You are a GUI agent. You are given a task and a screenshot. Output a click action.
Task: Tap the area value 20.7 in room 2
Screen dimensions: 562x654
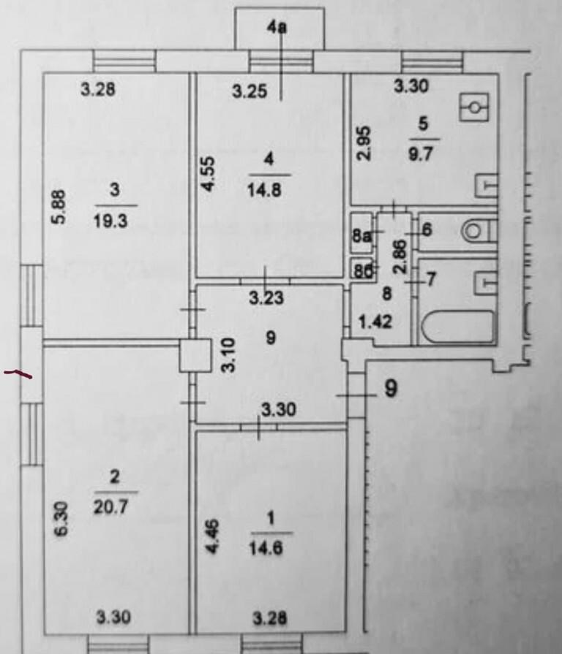[x=110, y=508]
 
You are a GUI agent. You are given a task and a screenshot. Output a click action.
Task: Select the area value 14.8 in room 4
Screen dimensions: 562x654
[x=264, y=191]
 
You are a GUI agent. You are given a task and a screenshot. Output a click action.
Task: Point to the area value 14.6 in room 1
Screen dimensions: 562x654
[x=266, y=548]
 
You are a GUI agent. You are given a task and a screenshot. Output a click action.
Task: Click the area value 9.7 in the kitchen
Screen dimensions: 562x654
[x=421, y=154]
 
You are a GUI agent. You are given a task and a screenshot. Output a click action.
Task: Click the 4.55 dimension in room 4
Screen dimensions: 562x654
[x=209, y=174]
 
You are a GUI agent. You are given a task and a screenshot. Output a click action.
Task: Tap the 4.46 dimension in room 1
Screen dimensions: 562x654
[x=212, y=536]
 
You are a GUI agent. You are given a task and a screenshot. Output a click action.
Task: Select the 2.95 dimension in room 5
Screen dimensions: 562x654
[x=364, y=143]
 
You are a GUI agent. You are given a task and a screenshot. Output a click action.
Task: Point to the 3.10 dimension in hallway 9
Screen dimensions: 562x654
[x=229, y=355]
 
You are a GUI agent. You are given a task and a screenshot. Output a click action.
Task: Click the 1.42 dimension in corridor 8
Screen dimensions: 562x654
[x=376, y=322]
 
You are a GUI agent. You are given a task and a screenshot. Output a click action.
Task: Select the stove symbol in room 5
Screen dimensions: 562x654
[x=474, y=107]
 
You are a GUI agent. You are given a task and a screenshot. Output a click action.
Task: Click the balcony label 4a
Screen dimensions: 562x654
[x=277, y=28]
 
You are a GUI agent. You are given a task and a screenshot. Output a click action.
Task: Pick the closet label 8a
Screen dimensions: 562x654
[x=361, y=235]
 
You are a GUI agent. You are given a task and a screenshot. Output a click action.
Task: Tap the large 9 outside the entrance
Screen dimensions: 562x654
[x=391, y=389]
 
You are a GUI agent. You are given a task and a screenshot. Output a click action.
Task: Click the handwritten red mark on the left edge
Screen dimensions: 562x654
[x=18, y=373]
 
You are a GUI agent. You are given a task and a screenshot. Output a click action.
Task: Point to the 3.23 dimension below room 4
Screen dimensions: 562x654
[x=266, y=298]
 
